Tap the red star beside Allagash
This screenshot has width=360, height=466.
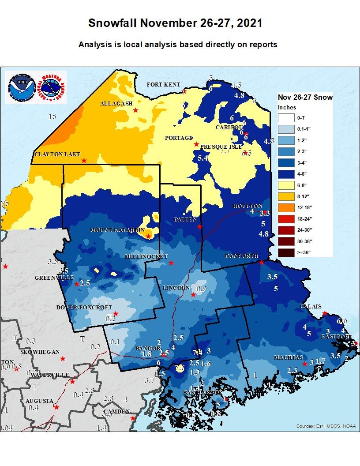(135, 110)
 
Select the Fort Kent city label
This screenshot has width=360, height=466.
(163, 84)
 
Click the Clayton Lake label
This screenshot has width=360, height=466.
(57, 154)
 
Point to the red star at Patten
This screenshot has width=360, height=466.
(200, 227)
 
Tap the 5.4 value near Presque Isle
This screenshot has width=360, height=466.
(202, 158)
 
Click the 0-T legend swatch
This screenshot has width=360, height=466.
(286, 118)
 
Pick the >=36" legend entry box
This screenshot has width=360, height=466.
(286, 252)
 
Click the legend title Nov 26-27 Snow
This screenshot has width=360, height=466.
(305, 97)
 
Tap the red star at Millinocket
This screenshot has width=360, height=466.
(171, 263)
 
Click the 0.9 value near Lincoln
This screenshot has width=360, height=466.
(201, 289)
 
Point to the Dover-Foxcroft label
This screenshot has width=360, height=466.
(84, 307)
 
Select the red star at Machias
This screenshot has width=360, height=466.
(304, 364)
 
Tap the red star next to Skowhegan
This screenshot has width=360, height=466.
(63, 359)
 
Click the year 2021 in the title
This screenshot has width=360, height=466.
(250, 23)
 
